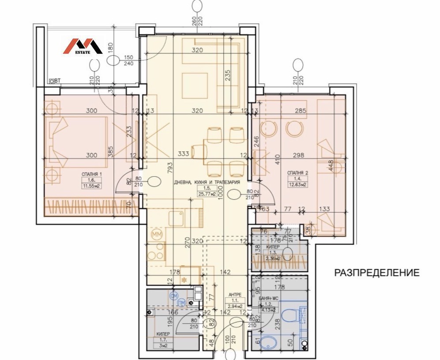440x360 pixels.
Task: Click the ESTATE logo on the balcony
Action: click(84, 46)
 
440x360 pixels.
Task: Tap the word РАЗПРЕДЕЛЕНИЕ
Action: click(376, 273)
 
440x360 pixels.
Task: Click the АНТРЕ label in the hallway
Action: click(233, 295)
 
